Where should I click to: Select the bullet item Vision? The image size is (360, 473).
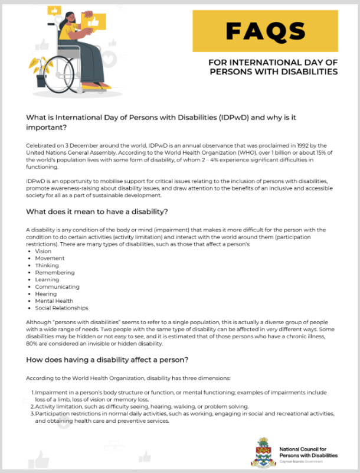tap(43, 251)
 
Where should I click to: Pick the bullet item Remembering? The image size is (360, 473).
tap(54, 272)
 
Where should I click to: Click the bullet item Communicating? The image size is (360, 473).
tap(57, 286)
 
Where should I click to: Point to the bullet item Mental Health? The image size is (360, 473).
tap(54, 301)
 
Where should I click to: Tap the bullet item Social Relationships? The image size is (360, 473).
tap(61, 308)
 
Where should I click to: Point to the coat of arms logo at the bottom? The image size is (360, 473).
tap(264, 451)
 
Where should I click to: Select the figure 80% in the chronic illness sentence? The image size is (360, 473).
tap(33, 344)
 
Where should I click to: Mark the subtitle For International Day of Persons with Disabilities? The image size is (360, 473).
tap(274, 67)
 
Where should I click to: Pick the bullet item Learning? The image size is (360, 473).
tap(47, 279)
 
